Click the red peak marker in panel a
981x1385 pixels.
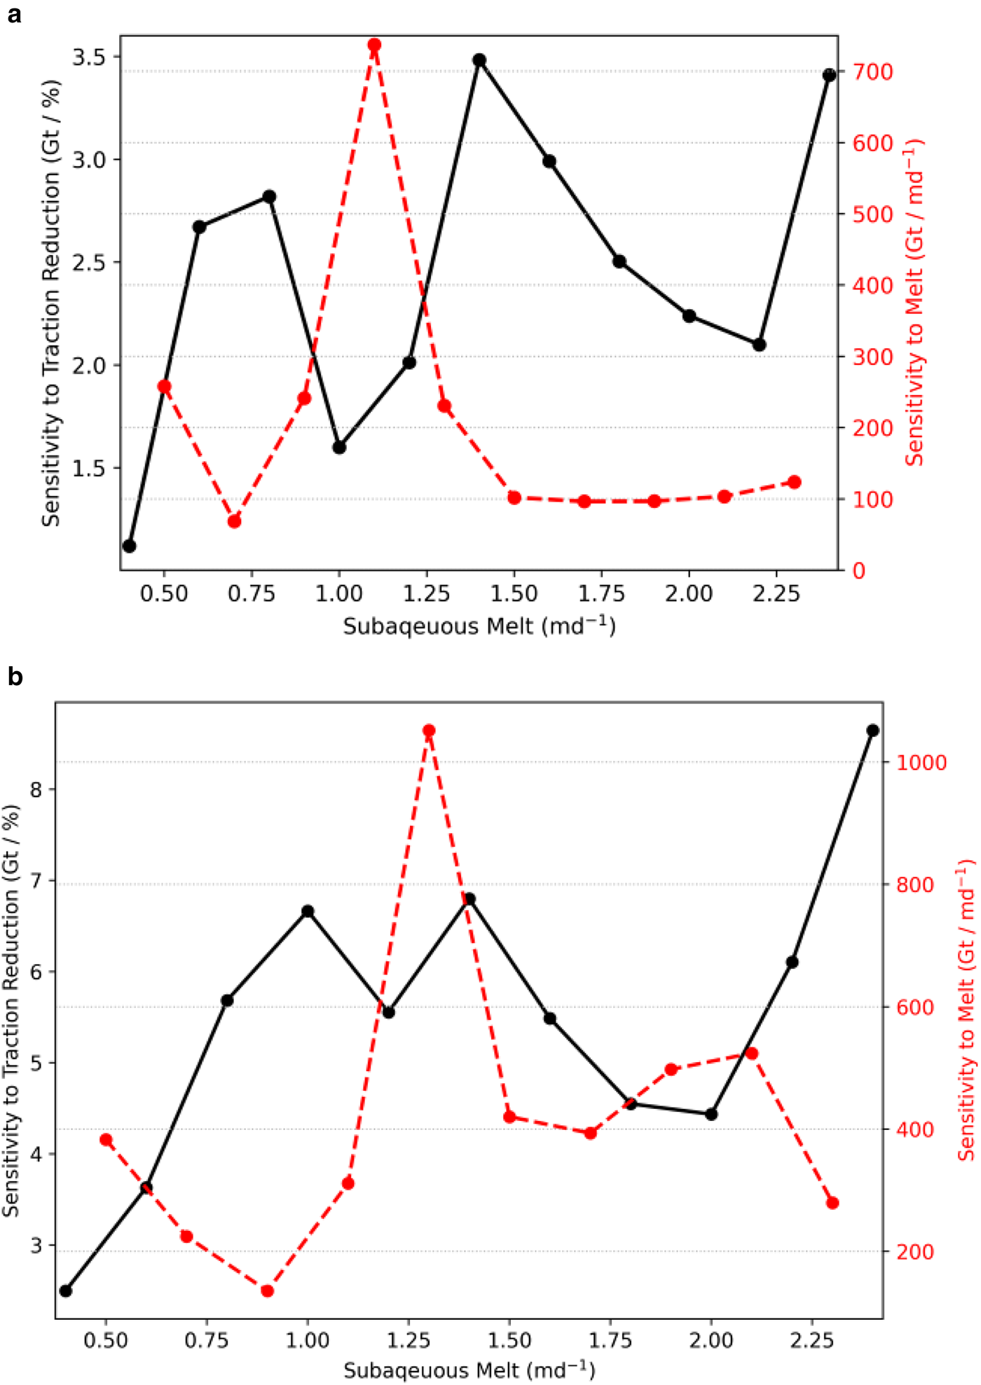click(374, 46)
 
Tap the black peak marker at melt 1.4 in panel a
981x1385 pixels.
click(479, 60)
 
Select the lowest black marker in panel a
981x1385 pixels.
click(129, 546)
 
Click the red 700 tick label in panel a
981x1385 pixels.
click(872, 71)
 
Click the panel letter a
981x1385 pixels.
click(14, 15)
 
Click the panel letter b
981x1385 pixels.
click(15, 677)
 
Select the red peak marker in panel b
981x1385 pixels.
click(429, 731)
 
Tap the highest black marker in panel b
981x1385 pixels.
click(873, 730)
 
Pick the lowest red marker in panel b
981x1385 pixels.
click(267, 1290)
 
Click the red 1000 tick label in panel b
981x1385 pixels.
click(921, 762)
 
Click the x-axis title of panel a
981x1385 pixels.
click(479, 625)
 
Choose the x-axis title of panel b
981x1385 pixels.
click(469, 1370)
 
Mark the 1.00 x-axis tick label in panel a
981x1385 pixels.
click(339, 594)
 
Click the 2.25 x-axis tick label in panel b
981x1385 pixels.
click(812, 1339)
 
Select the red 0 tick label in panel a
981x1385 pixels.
click(858, 571)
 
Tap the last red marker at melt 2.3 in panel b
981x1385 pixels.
click(832, 1203)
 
